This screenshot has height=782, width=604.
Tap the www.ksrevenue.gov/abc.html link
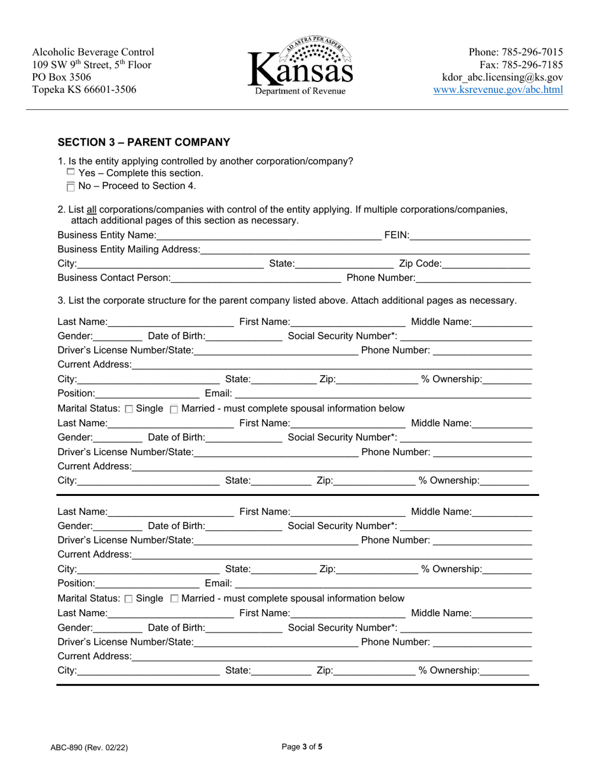pos(498,90)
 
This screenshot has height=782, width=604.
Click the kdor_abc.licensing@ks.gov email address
pos(502,77)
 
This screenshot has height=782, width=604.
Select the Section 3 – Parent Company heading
pos(144,142)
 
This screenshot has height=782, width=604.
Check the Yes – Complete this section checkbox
pos(71,172)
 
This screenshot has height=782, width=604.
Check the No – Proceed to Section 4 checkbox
pos(71,186)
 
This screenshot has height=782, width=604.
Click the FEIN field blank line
pos(470,235)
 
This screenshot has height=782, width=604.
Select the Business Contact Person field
pos(256,278)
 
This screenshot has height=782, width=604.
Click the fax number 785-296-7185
pos(521,65)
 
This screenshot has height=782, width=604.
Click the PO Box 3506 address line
pos(62,77)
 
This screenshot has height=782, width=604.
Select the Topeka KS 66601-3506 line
pos(84,90)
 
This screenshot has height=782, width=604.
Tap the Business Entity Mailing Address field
pos(365,250)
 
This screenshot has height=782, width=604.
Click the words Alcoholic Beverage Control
pos(93,52)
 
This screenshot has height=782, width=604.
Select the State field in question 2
pos(344,264)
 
